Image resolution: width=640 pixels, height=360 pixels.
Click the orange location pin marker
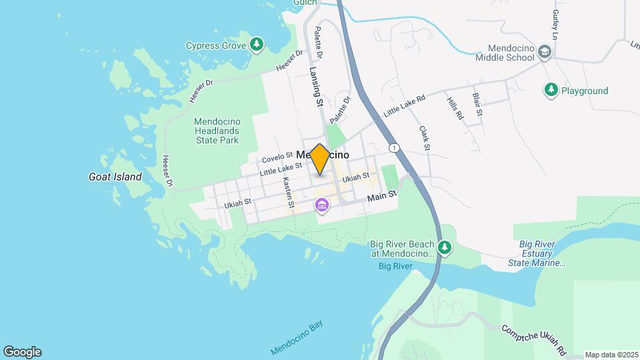[320, 159]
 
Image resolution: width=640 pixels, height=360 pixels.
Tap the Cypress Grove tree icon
[257, 45]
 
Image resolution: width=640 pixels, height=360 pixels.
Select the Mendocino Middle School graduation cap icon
[545, 52]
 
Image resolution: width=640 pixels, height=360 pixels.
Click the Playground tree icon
[551, 90]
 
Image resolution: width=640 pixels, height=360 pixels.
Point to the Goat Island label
[115, 177]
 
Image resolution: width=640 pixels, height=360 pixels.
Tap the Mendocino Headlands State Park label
[217, 131]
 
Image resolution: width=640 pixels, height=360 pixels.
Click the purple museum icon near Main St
[323, 205]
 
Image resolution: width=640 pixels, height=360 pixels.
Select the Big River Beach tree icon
[445, 249]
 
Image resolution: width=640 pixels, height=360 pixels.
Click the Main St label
[382, 194]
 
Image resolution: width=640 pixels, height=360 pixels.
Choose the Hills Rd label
[455, 107]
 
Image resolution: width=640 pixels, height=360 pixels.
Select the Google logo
[22, 352]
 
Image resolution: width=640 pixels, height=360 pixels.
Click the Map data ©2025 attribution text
[611, 355]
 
